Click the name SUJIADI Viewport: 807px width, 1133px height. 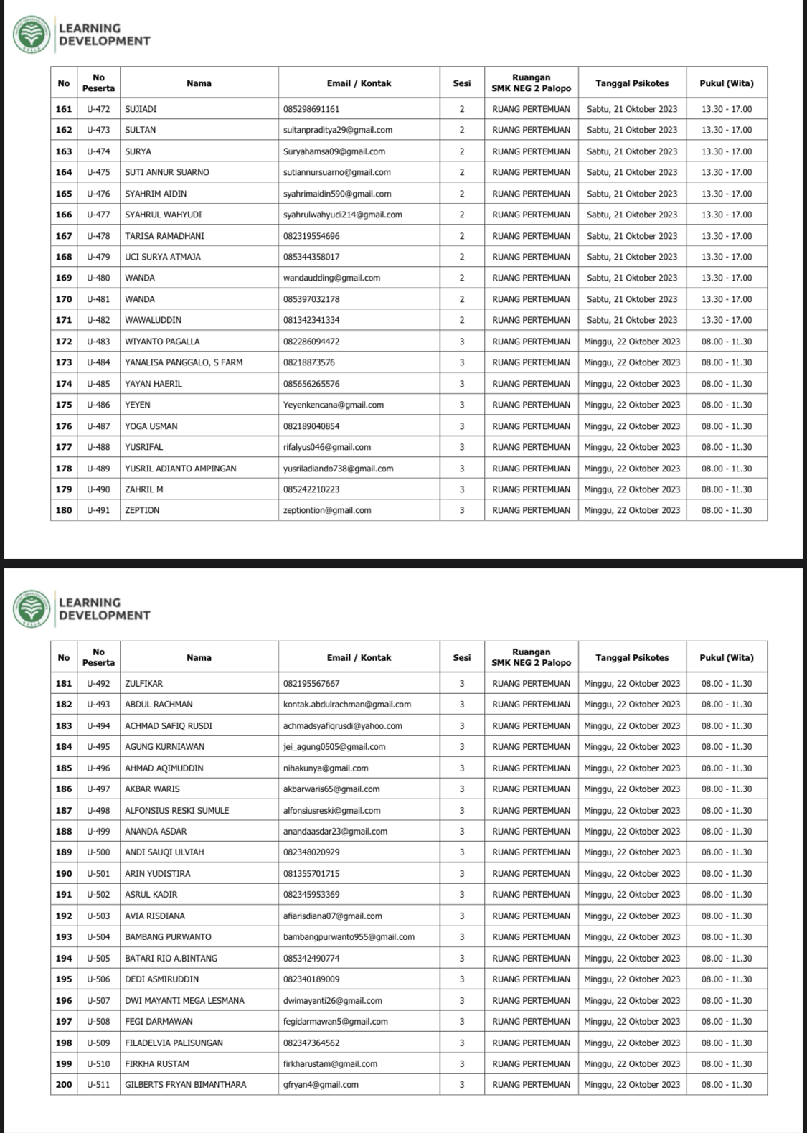point(141,109)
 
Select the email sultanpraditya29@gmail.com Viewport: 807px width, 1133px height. point(338,130)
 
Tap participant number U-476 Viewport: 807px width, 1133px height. point(98,194)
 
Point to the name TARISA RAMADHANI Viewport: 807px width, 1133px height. point(164,236)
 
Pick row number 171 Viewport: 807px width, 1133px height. point(64,320)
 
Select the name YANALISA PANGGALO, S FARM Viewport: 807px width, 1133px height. point(184,362)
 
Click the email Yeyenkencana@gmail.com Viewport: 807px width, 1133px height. point(334,405)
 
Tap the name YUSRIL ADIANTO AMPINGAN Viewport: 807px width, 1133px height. point(181,469)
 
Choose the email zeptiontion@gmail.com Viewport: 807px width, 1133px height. point(327,510)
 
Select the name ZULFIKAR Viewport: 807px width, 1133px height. point(143,684)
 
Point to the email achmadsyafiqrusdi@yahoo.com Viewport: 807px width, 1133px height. point(343,725)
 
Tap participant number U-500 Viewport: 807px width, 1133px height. point(98,852)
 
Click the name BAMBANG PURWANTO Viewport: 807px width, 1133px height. point(168,936)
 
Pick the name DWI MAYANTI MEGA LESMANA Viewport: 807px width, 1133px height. point(184,1000)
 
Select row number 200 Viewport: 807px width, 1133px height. point(64,1084)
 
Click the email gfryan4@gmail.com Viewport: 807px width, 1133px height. point(321,1084)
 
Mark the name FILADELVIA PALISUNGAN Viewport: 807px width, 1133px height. point(174,1043)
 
